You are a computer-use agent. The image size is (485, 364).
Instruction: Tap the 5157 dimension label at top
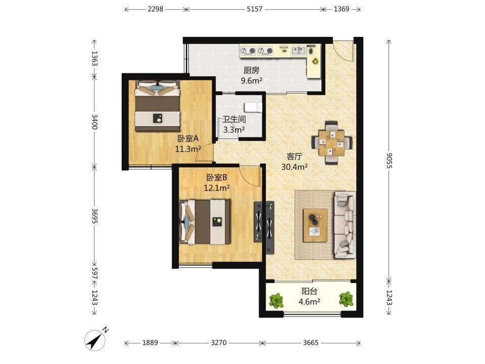click(x=255, y=9)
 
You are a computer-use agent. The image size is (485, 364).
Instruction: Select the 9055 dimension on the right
click(x=389, y=160)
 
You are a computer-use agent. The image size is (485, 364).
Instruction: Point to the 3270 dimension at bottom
click(x=219, y=343)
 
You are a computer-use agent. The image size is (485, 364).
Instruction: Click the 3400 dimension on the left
click(x=94, y=122)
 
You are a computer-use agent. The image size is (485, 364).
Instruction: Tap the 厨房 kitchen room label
click(x=252, y=71)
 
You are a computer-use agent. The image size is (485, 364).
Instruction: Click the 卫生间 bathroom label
click(x=234, y=119)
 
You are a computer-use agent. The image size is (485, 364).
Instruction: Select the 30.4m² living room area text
click(x=295, y=167)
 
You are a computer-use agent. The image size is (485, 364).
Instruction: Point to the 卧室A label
click(x=188, y=139)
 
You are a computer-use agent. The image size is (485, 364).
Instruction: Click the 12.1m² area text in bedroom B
click(x=217, y=188)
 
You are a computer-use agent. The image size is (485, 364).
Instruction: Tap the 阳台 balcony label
click(x=309, y=291)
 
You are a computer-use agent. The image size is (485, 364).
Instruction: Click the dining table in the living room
click(x=332, y=143)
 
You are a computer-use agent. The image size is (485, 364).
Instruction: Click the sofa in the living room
click(x=345, y=224)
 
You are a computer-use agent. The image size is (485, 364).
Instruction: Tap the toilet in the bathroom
click(x=253, y=107)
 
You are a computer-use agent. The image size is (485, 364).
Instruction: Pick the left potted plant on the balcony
click(x=276, y=300)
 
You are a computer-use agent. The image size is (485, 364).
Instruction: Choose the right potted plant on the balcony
click(x=346, y=299)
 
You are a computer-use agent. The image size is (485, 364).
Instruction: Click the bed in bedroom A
click(x=158, y=106)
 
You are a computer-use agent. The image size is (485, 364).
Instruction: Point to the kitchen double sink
click(x=299, y=51)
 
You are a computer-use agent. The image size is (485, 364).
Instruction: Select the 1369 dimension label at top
click(x=342, y=9)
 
